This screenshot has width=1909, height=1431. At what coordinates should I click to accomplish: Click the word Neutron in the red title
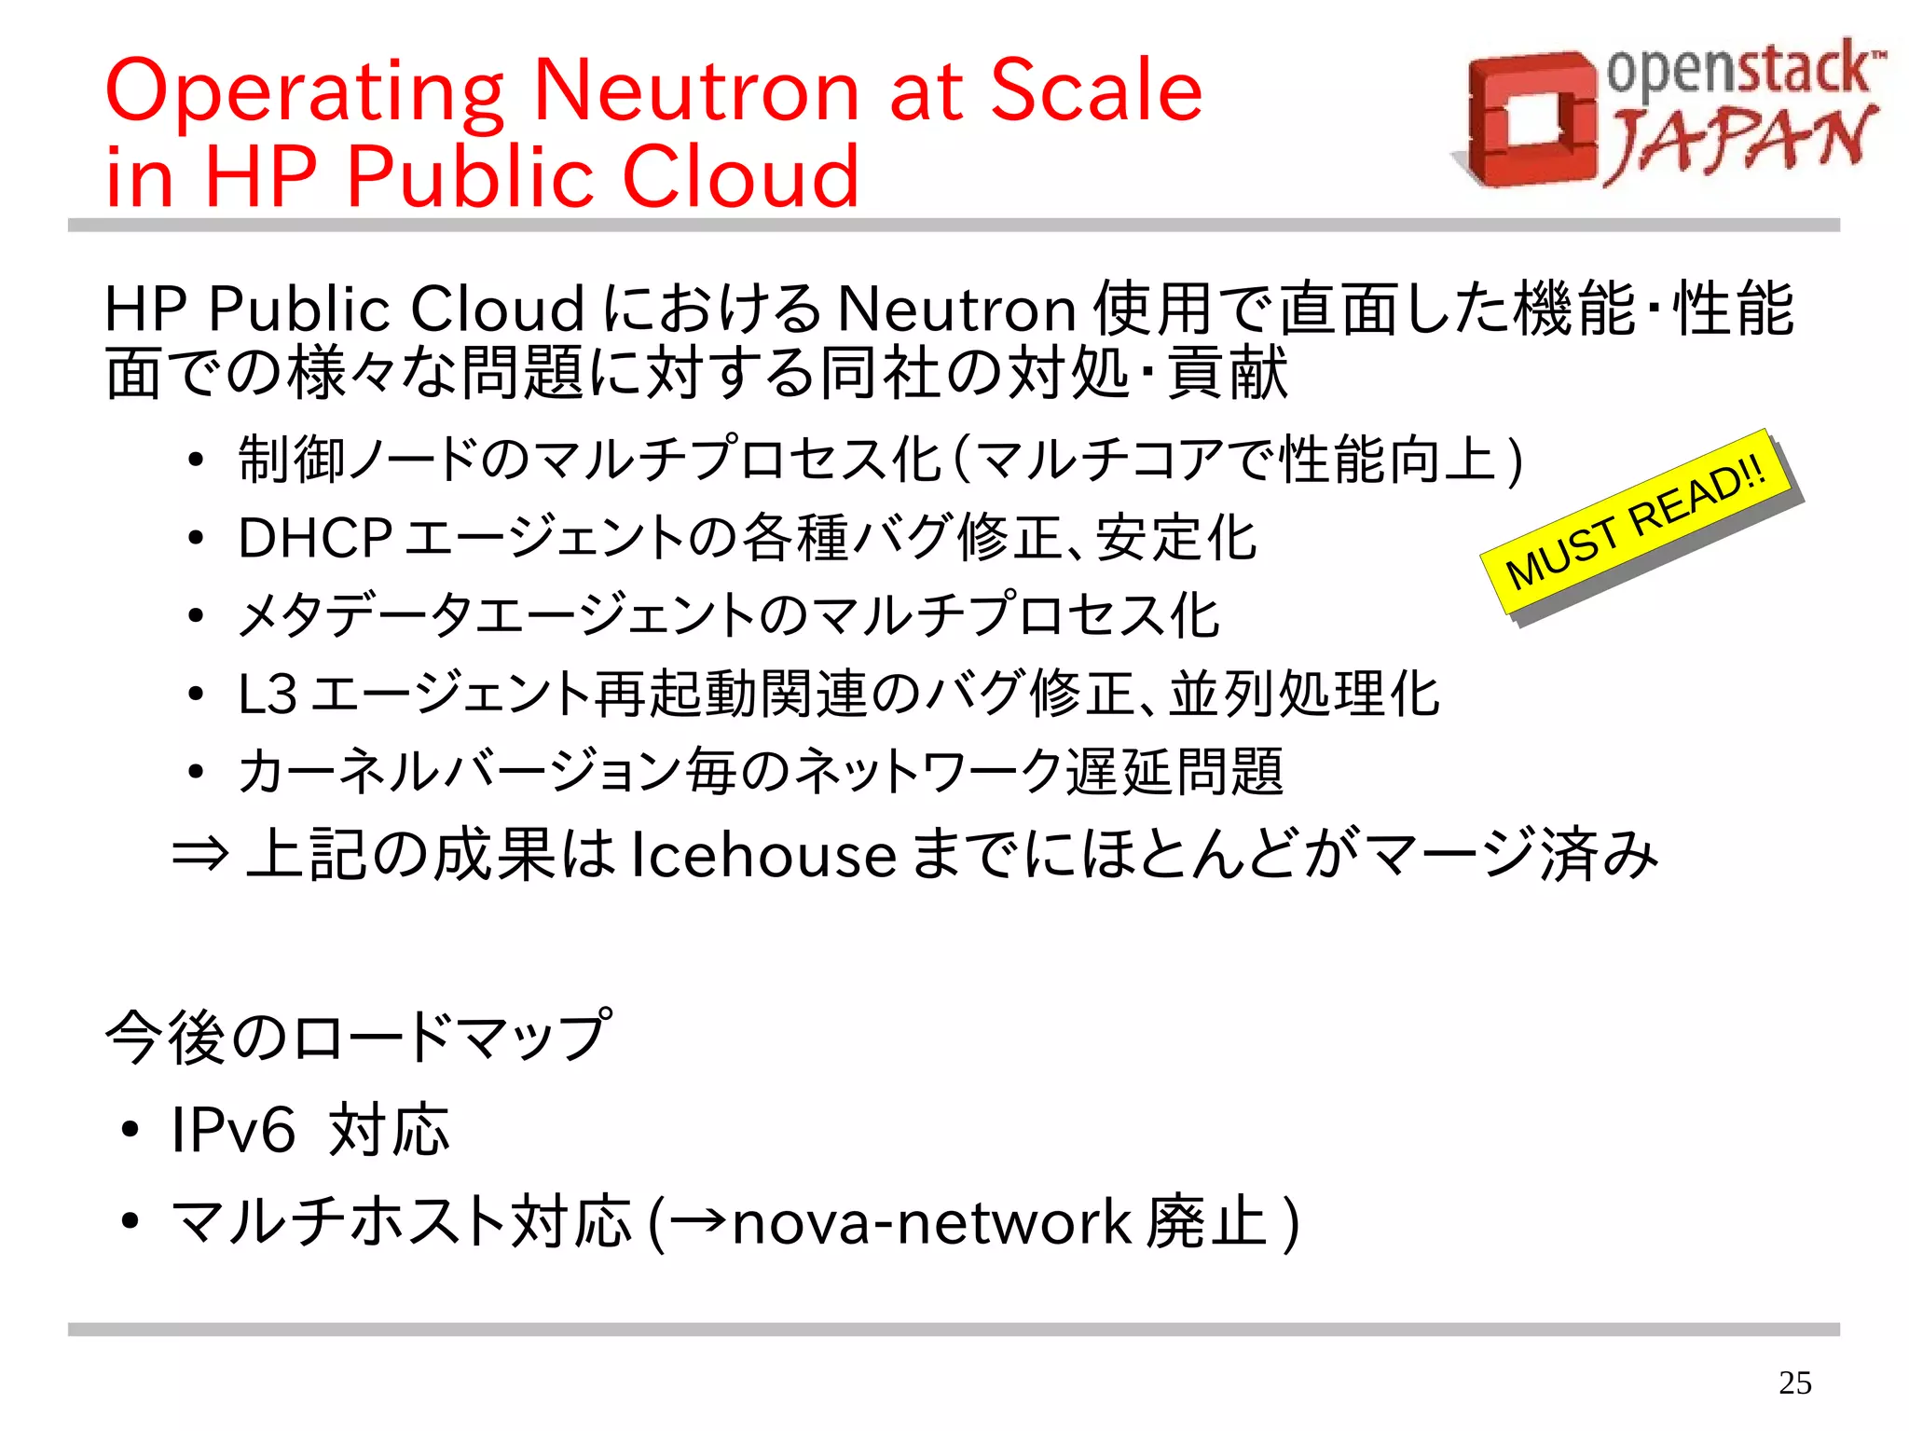pos(696,90)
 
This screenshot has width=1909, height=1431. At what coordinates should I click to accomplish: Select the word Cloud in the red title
pos(740,176)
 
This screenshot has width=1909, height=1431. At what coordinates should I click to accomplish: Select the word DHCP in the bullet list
pos(315,538)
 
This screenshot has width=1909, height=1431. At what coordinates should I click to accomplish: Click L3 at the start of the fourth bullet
pos(268,695)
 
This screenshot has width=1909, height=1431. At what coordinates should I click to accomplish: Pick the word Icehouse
pos(763,855)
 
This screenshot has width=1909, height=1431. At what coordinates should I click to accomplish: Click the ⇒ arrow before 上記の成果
pos(200,854)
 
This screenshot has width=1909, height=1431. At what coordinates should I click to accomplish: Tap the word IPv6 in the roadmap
pos(233,1130)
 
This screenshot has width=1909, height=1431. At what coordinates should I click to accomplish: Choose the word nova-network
pos(931,1222)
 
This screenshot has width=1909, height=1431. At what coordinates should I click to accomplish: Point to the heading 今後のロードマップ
pos(359,1037)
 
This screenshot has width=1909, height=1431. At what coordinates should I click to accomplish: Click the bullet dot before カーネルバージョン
pos(195,773)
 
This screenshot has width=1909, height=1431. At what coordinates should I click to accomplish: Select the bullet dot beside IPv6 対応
pos(130,1131)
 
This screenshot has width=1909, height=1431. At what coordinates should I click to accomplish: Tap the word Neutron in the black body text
pos(957,310)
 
